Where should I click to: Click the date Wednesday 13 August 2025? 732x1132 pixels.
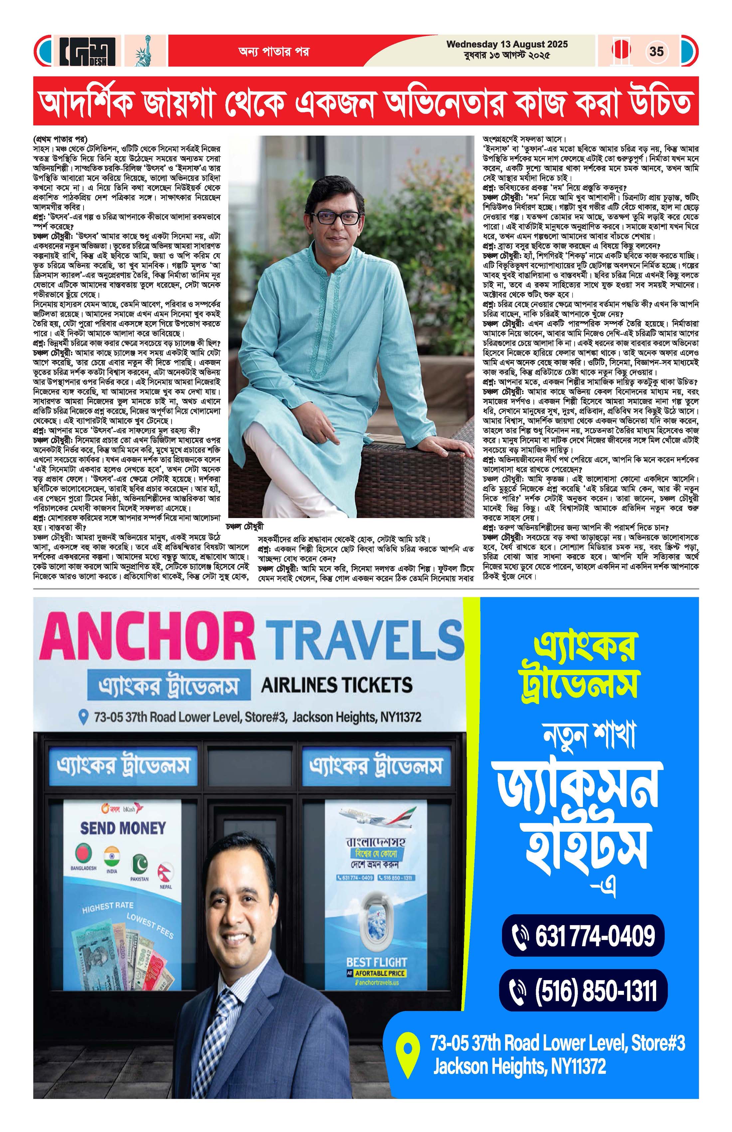click(x=507, y=44)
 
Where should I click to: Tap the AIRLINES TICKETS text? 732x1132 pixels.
click(x=336, y=685)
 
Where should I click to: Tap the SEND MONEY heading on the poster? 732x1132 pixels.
click(x=123, y=828)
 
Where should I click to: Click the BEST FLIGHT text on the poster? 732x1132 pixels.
click(x=376, y=962)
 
